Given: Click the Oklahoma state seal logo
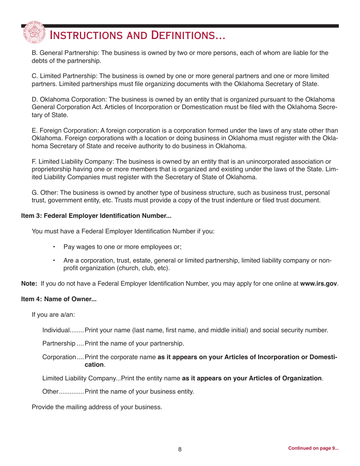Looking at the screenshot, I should [x=34, y=33].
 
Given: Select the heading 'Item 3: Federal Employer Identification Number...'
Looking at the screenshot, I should [x=96, y=216].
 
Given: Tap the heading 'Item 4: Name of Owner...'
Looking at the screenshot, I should [x=59, y=299].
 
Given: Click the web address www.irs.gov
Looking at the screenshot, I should [x=318, y=284].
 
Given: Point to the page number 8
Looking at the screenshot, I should [x=180, y=450].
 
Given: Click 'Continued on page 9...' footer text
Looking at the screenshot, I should [x=313, y=448].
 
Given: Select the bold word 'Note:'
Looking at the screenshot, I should [x=29, y=284].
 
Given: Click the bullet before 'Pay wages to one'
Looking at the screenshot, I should [x=54, y=247].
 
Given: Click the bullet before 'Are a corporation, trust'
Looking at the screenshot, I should [x=54, y=261].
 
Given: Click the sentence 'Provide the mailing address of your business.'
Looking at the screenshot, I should [x=97, y=407].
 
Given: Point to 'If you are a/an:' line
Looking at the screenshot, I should [x=53, y=315].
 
